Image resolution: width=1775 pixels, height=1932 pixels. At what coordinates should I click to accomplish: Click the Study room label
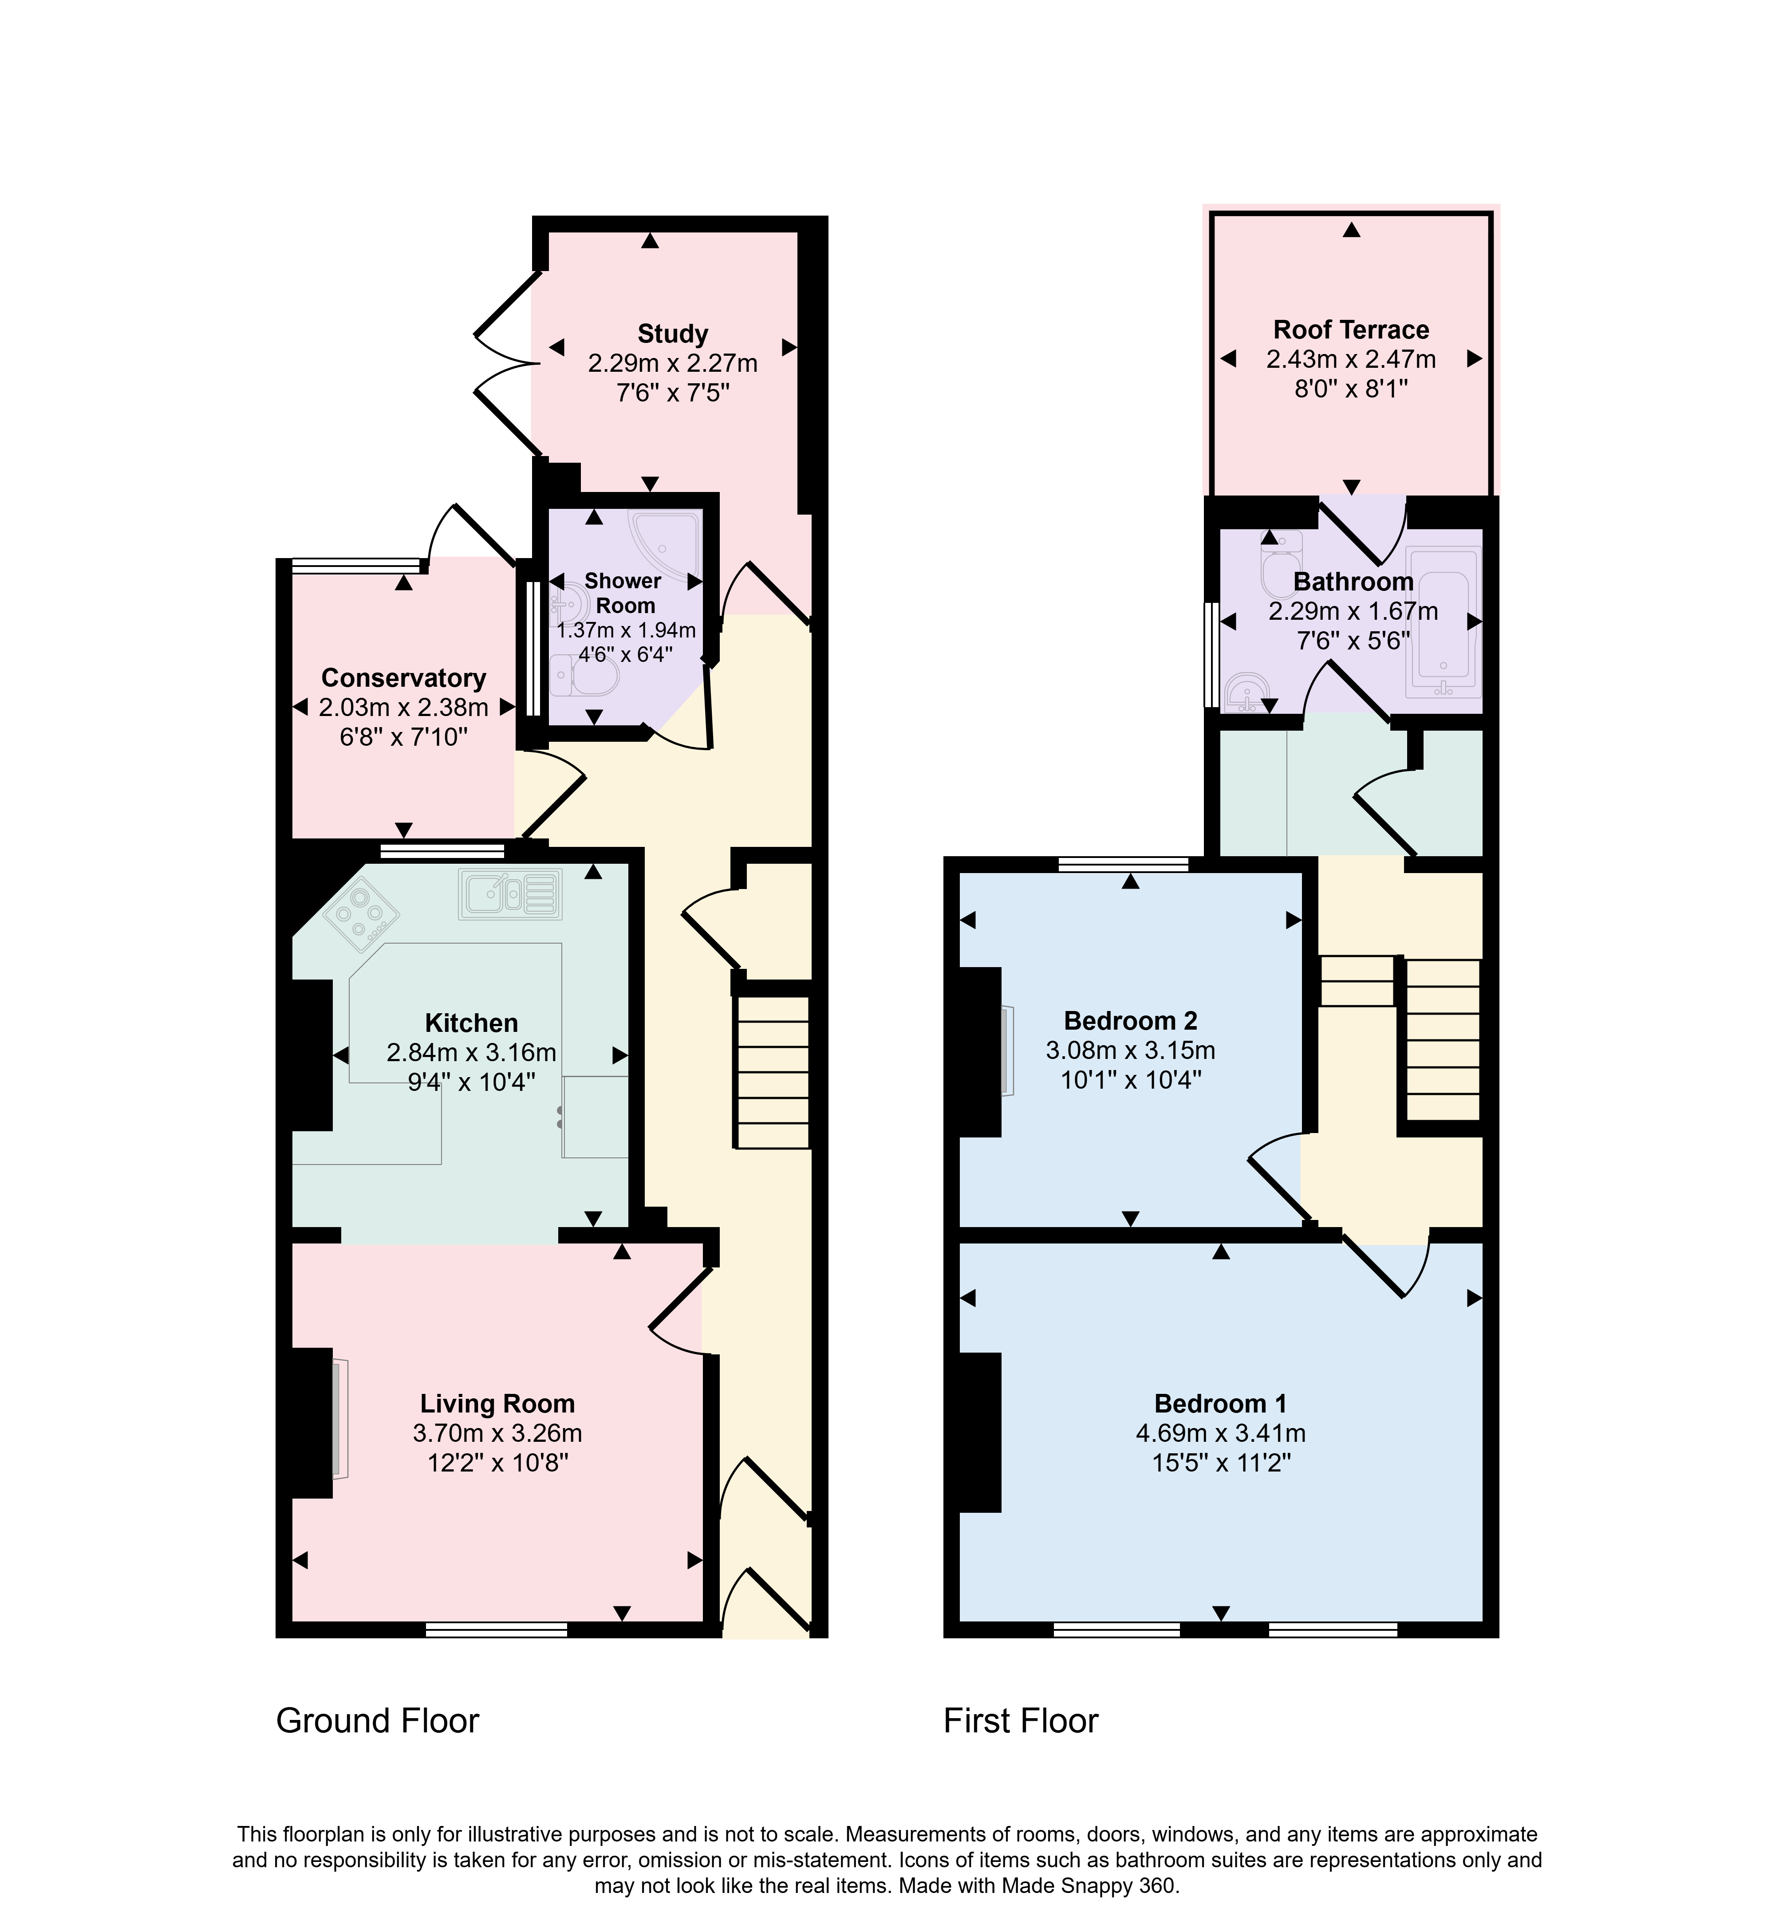672,334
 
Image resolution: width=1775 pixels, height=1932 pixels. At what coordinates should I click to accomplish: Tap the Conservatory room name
403,678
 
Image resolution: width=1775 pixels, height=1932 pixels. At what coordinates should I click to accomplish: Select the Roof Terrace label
1350,329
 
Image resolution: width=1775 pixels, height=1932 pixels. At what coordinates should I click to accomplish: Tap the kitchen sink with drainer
510,894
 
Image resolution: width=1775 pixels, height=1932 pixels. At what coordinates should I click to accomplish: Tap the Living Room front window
497,1629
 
